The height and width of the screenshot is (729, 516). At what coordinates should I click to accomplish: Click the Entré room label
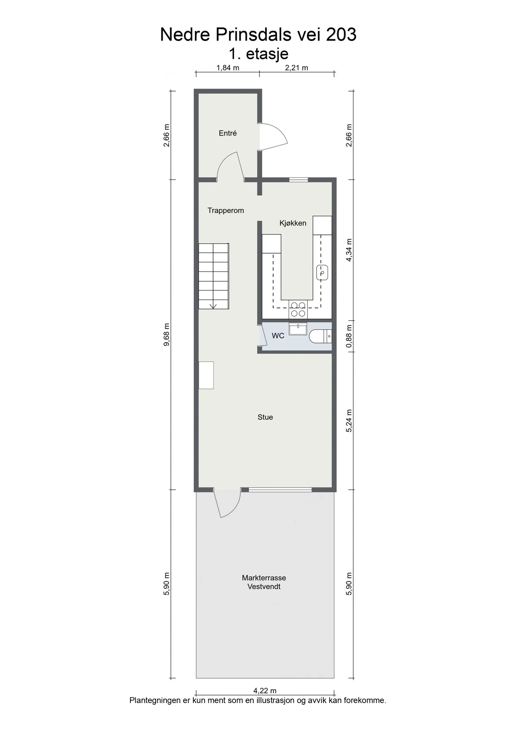pyautogui.click(x=227, y=133)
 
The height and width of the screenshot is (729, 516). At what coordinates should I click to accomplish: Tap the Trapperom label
pyautogui.click(x=226, y=210)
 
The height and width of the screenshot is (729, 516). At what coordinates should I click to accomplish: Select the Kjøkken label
pyautogui.click(x=293, y=223)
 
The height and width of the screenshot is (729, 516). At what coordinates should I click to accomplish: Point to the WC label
pyautogui.click(x=278, y=336)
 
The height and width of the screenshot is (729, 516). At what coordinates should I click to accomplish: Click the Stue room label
pyautogui.click(x=265, y=417)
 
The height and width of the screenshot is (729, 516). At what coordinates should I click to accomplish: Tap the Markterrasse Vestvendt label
pyautogui.click(x=264, y=582)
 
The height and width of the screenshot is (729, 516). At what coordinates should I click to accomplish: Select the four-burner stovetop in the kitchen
pyautogui.click(x=298, y=309)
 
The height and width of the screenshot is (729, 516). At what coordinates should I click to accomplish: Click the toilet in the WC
pyautogui.click(x=321, y=336)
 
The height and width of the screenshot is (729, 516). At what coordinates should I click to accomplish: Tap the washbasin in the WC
pyautogui.click(x=298, y=328)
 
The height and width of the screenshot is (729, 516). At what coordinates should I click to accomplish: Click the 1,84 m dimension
pyautogui.click(x=228, y=68)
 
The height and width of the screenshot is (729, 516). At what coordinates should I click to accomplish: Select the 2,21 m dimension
pyautogui.click(x=297, y=68)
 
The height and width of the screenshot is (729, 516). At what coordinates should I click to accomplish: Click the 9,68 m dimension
pyautogui.click(x=167, y=335)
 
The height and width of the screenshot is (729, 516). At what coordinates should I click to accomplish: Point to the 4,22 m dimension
pyautogui.click(x=265, y=691)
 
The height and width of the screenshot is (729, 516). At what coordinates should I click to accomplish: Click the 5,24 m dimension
pyautogui.click(x=349, y=421)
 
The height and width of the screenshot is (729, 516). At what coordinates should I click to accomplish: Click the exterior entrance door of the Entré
pyautogui.click(x=273, y=136)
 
